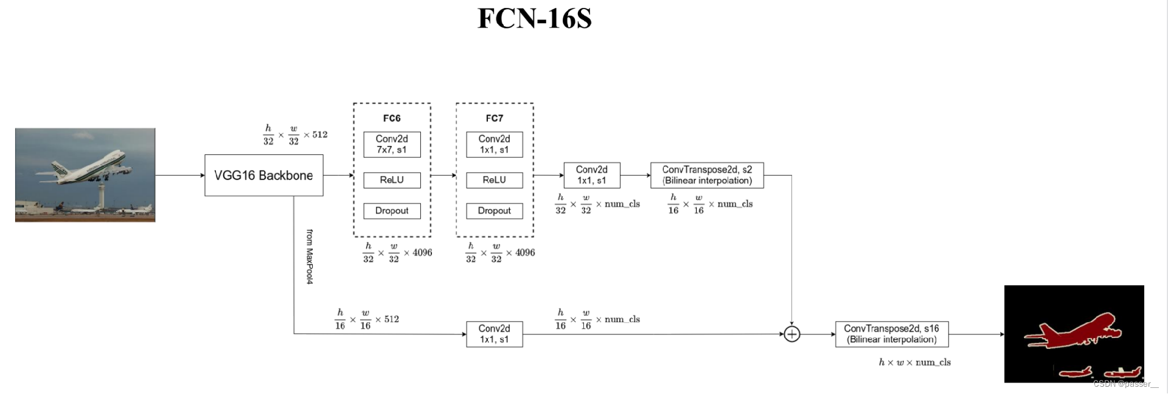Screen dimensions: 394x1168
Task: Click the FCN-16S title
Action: tap(534, 18)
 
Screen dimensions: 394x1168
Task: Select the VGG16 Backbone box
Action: tap(263, 175)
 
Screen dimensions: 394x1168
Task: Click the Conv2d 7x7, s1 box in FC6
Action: tap(392, 145)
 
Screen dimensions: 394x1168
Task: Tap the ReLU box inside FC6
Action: tap(392, 180)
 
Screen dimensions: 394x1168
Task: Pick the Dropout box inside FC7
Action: tap(494, 211)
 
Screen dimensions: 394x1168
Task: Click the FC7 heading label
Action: tap(494, 118)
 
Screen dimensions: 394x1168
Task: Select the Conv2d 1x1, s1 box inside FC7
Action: tap(494, 145)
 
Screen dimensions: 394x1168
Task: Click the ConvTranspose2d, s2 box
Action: tap(707, 175)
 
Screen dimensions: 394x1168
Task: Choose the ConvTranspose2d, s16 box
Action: tap(892, 334)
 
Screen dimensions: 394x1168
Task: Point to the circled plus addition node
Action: tap(791, 334)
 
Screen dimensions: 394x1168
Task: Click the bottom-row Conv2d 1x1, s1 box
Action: tap(494, 334)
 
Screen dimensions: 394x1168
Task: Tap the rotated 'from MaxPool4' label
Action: tap(310, 257)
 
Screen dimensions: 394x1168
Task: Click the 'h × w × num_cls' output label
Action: tap(914, 362)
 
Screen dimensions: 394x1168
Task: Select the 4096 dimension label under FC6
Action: tap(397, 253)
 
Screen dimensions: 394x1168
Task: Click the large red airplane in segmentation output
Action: tap(1077, 331)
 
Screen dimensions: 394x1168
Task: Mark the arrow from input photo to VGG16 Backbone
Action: tap(179, 175)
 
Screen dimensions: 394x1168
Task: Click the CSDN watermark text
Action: tap(1125, 384)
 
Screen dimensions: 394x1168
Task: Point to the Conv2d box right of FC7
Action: tap(591, 175)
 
